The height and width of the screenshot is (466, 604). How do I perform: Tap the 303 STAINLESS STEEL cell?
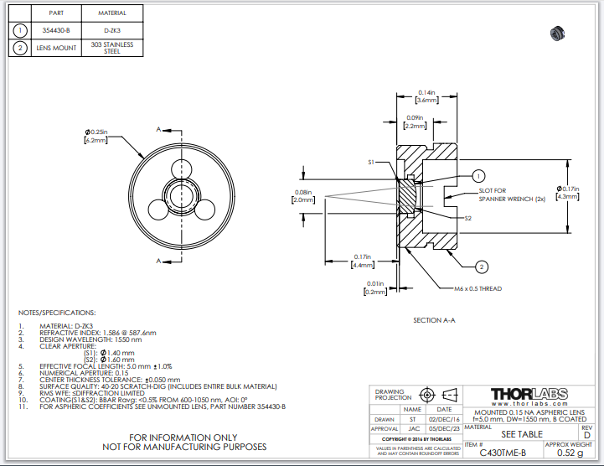[x=111, y=48]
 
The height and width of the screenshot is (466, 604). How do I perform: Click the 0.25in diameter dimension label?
[x=97, y=137]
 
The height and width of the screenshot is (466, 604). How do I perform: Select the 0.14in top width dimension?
[x=426, y=96]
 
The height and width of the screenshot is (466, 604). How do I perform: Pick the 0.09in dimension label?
[x=415, y=122]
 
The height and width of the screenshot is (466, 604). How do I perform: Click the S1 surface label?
[x=372, y=162]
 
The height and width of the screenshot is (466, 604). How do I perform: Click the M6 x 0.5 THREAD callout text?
[x=478, y=288]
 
